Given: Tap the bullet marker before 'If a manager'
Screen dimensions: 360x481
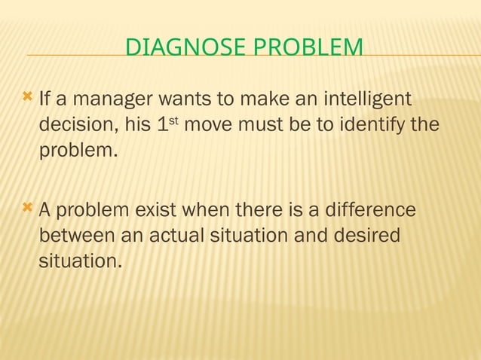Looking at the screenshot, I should pos(28,97).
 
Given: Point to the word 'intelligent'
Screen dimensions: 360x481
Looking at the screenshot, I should pos(368,99).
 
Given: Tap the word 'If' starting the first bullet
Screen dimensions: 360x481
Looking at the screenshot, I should pos(44,99).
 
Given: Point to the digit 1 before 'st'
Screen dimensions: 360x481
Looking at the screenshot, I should pos(161,124).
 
